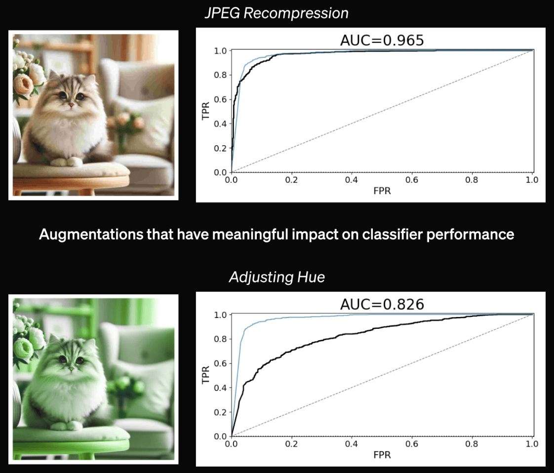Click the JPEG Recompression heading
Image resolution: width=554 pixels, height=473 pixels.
[277, 13]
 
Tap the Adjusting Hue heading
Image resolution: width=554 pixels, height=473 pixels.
[277, 277]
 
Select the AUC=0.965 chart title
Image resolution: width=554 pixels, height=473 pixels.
[382, 40]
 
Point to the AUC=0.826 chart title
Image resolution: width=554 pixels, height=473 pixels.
[382, 304]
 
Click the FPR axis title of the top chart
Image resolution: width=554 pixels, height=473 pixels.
[382, 191]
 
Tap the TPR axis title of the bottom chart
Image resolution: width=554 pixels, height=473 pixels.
[205, 375]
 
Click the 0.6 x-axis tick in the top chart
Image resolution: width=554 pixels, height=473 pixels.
[412, 180]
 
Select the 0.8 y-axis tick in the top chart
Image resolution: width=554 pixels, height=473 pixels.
[220, 75]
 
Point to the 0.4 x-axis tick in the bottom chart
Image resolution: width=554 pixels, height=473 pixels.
[352, 444]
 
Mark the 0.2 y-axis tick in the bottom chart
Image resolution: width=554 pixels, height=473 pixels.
[220, 412]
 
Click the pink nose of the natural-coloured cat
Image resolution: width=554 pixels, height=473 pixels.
[71, 105]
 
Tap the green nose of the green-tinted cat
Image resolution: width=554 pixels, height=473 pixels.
[71, 369]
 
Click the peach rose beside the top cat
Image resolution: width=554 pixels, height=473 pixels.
[23, 84]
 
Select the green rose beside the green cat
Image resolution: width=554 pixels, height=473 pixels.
[23, 348]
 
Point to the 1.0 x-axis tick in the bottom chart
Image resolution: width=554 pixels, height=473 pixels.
[532, 444]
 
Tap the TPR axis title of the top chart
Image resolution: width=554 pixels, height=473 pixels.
[205, 111]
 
